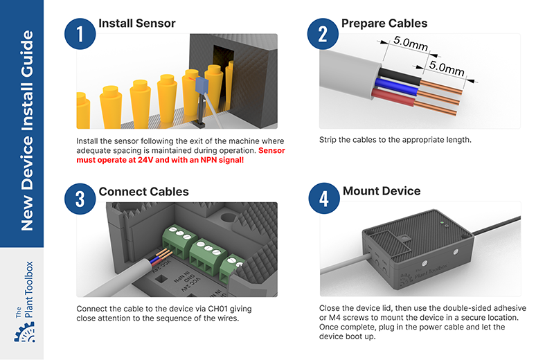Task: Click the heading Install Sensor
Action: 136,24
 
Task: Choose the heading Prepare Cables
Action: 384,24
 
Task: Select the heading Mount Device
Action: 382,191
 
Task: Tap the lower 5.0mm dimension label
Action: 446,69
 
